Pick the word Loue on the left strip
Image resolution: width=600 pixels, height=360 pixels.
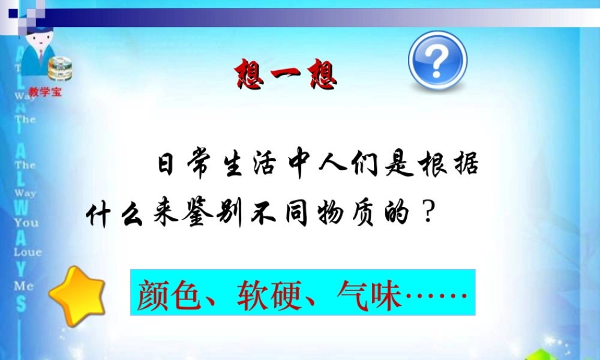tap(28, 253)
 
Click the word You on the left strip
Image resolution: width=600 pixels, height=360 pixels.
tap(26, 223)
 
